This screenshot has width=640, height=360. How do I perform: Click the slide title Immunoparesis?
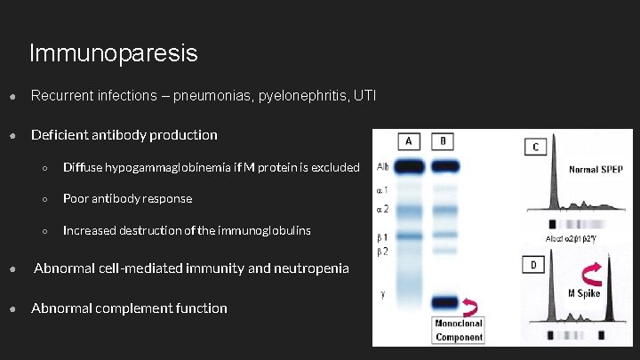tap(113, 53)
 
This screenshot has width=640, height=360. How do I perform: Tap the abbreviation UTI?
tap(364, 95)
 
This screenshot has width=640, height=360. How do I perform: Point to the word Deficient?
tap(61, 135)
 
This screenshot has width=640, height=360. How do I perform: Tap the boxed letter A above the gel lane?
tap(408, 141)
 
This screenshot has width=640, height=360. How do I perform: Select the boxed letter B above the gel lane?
tap(444, 141)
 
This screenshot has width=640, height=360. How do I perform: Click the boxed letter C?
tap(535, 147)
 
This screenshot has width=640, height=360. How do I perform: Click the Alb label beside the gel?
tap(382, 166)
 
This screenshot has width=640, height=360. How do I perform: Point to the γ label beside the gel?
tap(383, 295)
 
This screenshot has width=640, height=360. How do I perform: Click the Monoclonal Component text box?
tap(459, 330)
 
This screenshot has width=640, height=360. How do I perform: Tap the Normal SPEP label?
tap(596, 169)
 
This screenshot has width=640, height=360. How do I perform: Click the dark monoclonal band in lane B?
tap(444, 301)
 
